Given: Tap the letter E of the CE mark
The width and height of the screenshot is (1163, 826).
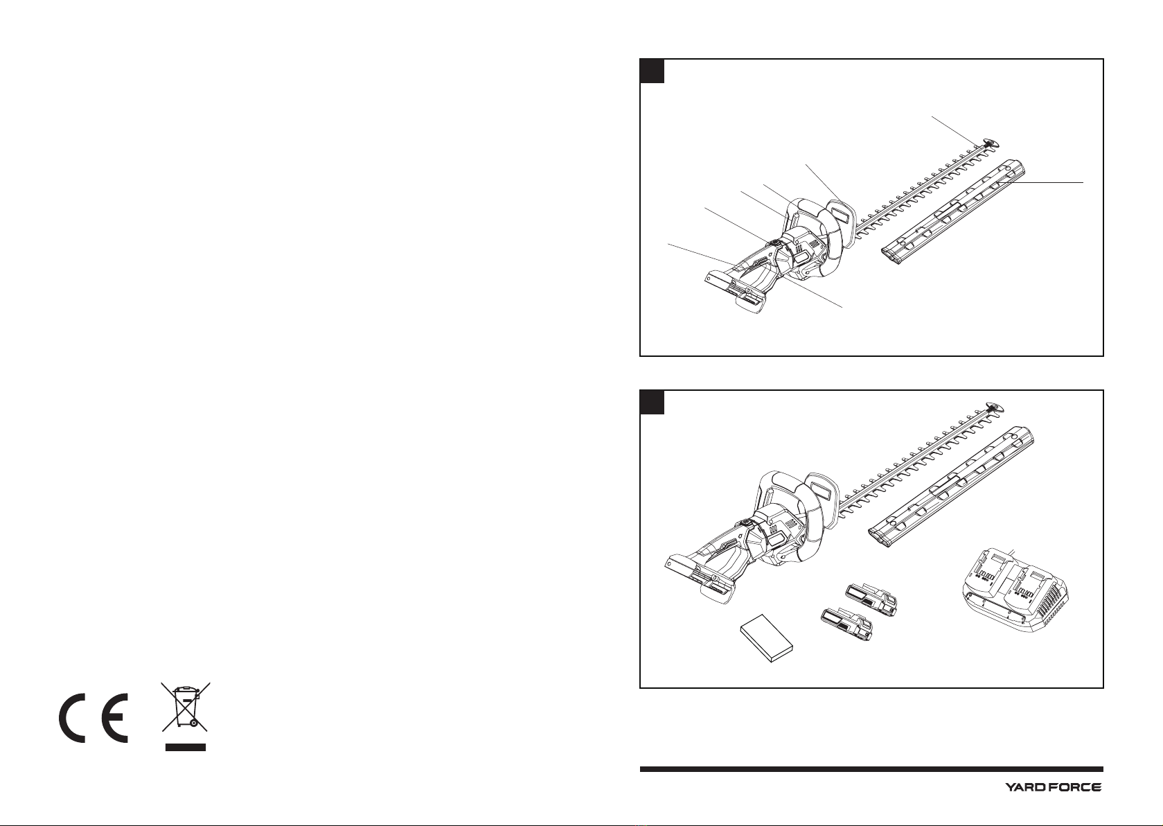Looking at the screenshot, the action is [110, 717].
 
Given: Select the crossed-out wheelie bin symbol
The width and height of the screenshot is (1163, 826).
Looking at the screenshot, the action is [186, 707].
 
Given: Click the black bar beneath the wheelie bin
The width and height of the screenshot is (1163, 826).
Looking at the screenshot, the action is [186, 747].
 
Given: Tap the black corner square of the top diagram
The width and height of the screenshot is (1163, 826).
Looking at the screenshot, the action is [652, 71].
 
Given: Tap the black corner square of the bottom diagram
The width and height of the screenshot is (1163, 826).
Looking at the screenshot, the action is [652, 402].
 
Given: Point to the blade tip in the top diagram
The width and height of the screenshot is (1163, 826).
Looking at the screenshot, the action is [991, 143].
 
